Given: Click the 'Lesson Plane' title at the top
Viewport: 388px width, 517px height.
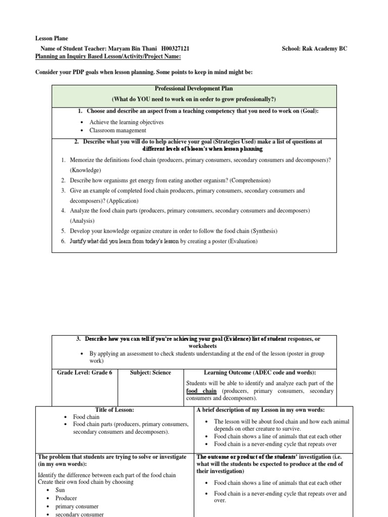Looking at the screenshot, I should (x=51, y=38).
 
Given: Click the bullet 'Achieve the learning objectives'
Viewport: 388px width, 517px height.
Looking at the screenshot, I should (x=126, y=122).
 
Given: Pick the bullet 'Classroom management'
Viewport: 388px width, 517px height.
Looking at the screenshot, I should (x=118, y=130).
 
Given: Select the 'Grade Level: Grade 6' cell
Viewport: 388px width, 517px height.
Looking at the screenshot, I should (x=84, y=373).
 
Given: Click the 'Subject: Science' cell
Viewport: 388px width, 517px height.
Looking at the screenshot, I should (x=151, y=373).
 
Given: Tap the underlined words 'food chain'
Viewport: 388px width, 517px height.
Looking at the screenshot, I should (x=202, y=391).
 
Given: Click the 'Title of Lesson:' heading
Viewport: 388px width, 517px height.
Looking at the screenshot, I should (x=115, y=409).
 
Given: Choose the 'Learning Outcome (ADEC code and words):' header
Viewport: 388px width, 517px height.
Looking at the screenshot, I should (x=260, y=373).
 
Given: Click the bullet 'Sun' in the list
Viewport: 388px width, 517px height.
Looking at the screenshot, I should (x=60, y=490).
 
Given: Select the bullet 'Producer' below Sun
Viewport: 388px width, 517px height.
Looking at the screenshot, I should (x=66, y=498).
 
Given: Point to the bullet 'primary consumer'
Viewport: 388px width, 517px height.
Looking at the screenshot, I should (x=77, y=506).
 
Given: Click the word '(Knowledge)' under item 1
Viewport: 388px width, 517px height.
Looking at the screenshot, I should (x=85, y=170).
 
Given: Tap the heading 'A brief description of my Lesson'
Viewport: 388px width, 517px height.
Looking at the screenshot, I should (x=260, y=409).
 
